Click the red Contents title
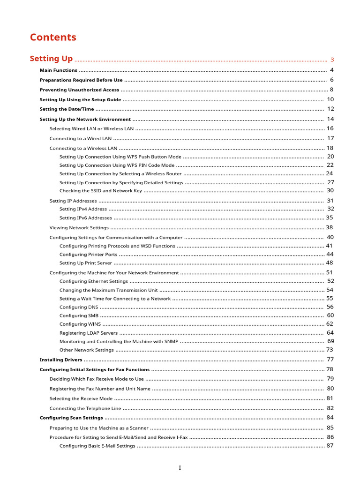pyautogui.click(x=53, y=37)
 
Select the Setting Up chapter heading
pyautogui.click(x=51, y=59)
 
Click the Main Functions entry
pyautogui.click(x=59, y=70)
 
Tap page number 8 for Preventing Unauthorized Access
pyautogui.click(x=331, y=90)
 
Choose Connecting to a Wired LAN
pyautogui.click(x=81, y=138)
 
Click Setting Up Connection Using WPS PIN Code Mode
pyautogui.click(x=117, y=165)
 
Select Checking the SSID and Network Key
pyautogui.click(x=100, y=191)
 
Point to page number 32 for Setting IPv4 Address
pyautogui.click(x=330, y=209)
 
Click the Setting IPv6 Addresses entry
pyautogui.click(x=86, y=218)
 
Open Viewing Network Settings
pyautogui.click(x=79, y=228)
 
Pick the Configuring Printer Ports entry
pyautogui.click(x=89, y=255)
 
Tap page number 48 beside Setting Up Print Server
pyautogui.click(x=330, y=263)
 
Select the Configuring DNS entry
pyautogui.click(x=79, y=307)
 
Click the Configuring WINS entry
pyautogui.click(x=80, y=324)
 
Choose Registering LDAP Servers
pyautogui.click(x=89, y=333)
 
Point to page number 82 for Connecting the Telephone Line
pyautogui.click(x=330, y=408)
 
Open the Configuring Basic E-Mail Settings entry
pyautogui.click(x=97, y=446)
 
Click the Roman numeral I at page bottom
pyautogui.click(x=180, y=468)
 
